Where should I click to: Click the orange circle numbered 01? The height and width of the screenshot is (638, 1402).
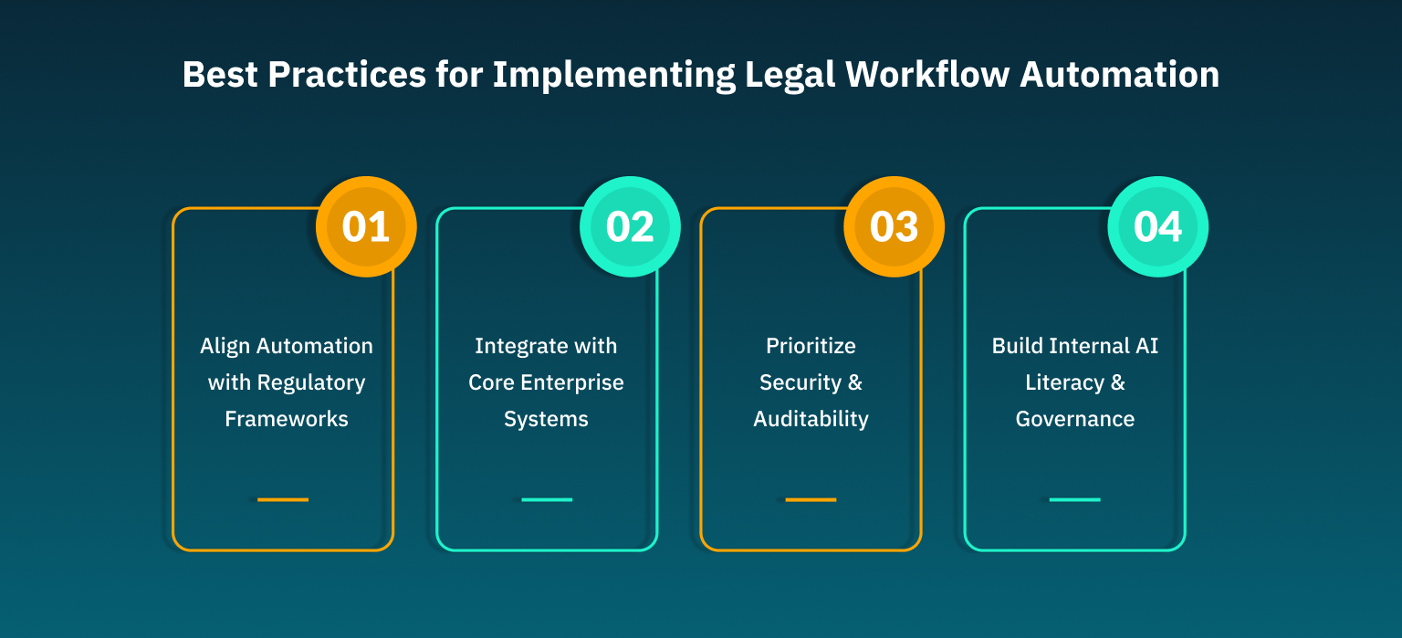[366, 227]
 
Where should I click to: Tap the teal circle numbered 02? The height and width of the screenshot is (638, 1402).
[630, 227]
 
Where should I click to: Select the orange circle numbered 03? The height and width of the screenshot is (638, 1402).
[894, 227]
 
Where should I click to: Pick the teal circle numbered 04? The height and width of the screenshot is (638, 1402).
[1157, 227]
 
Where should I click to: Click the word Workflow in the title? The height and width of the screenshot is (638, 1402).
[926, 75]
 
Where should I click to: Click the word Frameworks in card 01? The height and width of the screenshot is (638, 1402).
[287, 419]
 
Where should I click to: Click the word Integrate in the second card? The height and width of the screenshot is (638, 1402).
[518, 346]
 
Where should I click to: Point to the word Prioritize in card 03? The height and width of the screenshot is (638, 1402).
[811, 346]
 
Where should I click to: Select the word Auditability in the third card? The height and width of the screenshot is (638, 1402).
[811, 419]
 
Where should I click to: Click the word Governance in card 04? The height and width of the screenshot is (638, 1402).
[1075, 419]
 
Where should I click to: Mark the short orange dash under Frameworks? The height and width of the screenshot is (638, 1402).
[283, 499]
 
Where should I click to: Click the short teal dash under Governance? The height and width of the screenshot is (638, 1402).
[1074, 499]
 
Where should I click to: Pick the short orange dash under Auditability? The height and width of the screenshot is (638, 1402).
[811, 499]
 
